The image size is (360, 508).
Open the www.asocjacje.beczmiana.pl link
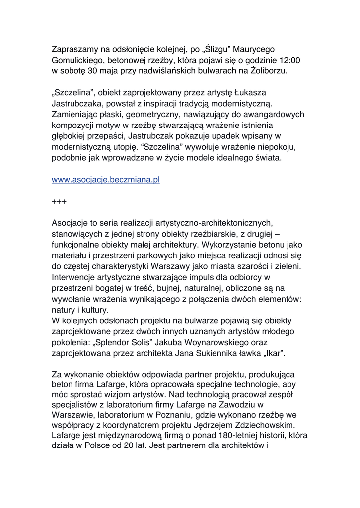(105, 180)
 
